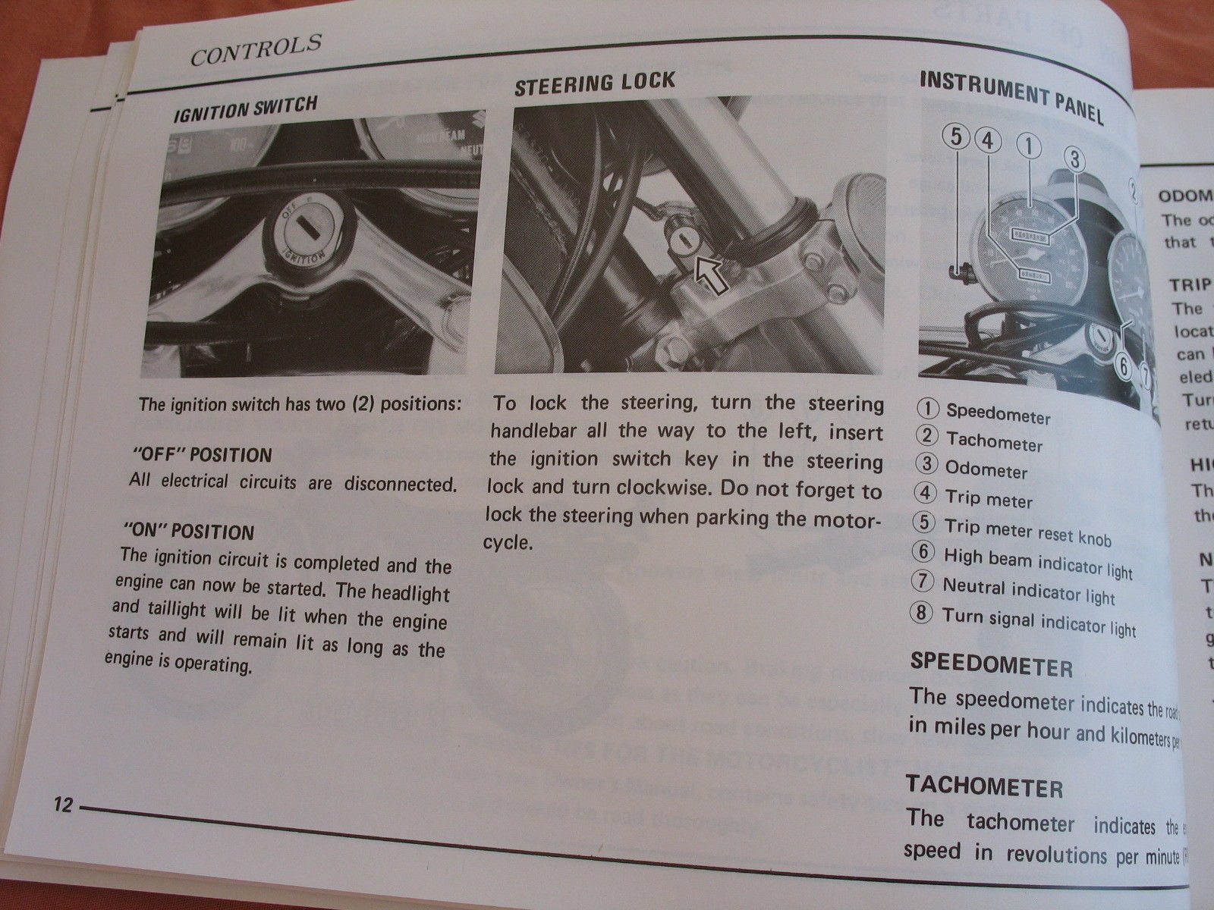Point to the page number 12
62,805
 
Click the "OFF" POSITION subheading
201,455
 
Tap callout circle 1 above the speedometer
1029,146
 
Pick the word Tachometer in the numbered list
994,441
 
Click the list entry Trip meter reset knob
1027,531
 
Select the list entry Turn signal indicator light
1039,621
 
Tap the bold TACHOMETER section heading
984,787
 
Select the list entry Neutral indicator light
1029,590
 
